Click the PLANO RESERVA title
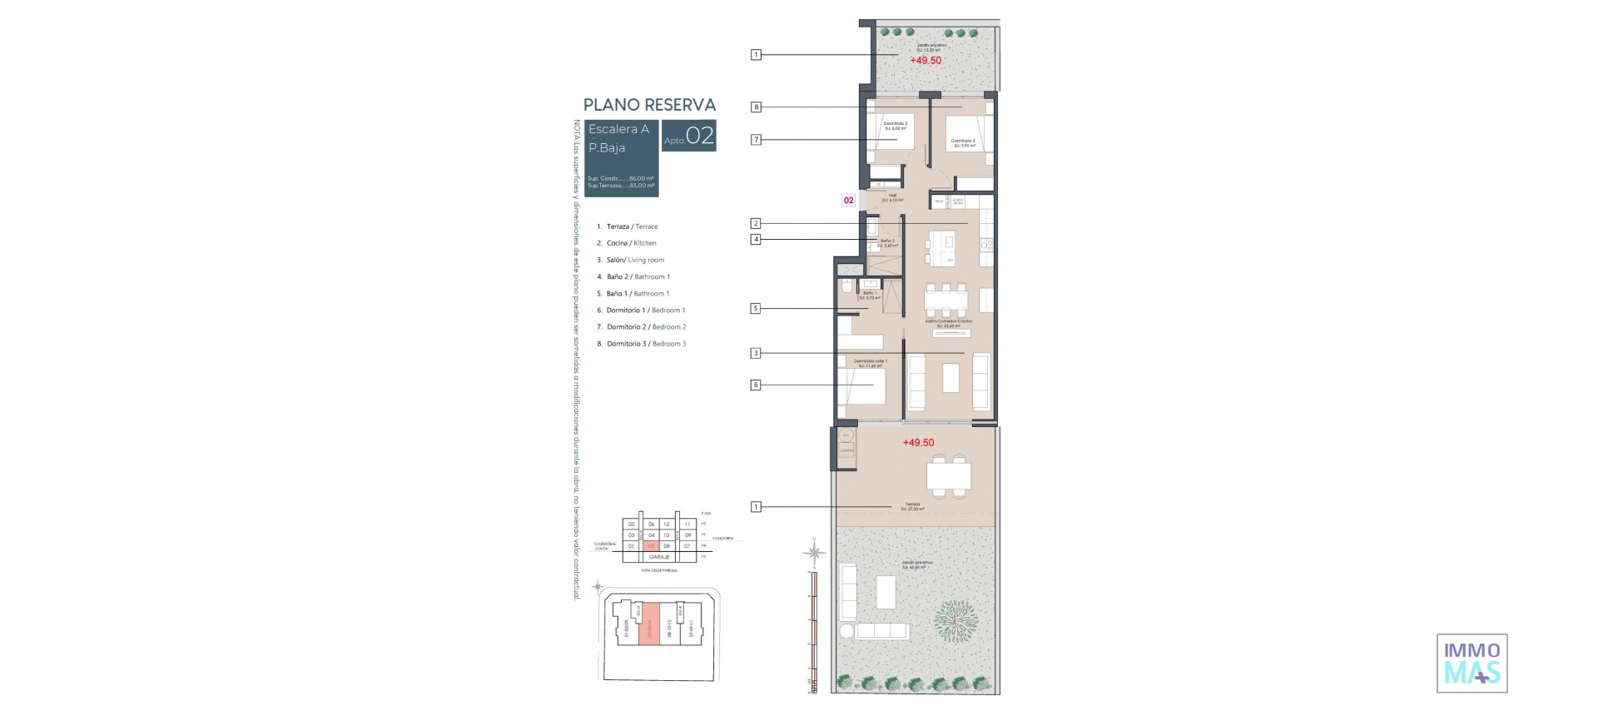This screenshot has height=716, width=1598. (649, 105)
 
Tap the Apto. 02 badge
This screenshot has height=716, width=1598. (689, 137)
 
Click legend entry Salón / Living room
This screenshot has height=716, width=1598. (635, 260)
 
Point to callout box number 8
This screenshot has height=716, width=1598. (756, 107)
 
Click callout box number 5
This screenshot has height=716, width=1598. (756, 308)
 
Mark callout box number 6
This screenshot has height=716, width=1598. (756, 385)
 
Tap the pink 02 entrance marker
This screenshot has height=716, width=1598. (848, 201)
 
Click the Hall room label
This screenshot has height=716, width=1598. (892, 197)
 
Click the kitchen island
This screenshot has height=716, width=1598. (949, 248)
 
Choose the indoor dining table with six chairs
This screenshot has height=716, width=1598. (945, 299)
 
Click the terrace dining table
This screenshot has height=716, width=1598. (949, 476)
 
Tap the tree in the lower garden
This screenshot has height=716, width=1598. (954, 620)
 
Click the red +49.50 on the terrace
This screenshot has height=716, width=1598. (918, 443)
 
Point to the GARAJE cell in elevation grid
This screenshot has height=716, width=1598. (659, 557)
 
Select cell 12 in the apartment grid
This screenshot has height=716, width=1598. (667, 525)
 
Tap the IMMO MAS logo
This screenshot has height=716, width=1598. (1471, 664)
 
